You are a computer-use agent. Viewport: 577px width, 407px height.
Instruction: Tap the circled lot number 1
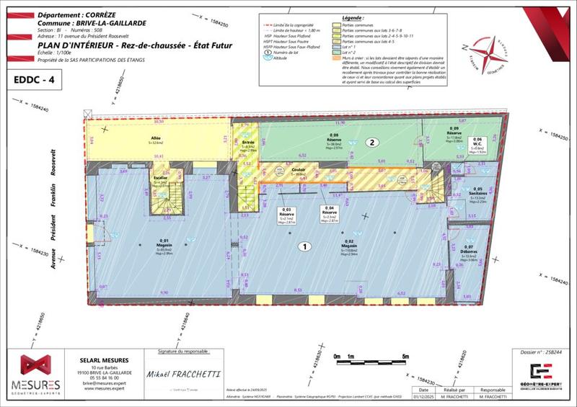tap(305, 246)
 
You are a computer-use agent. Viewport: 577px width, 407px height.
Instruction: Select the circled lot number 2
tap(372, 143)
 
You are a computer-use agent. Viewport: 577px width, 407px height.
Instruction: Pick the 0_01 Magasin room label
tap(164, 244)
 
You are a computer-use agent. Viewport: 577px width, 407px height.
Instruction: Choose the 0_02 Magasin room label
tap(349, 245)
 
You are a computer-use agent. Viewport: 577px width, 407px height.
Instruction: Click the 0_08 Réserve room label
tap(335, 139)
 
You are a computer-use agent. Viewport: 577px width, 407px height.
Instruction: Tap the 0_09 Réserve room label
tap(454, 135)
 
